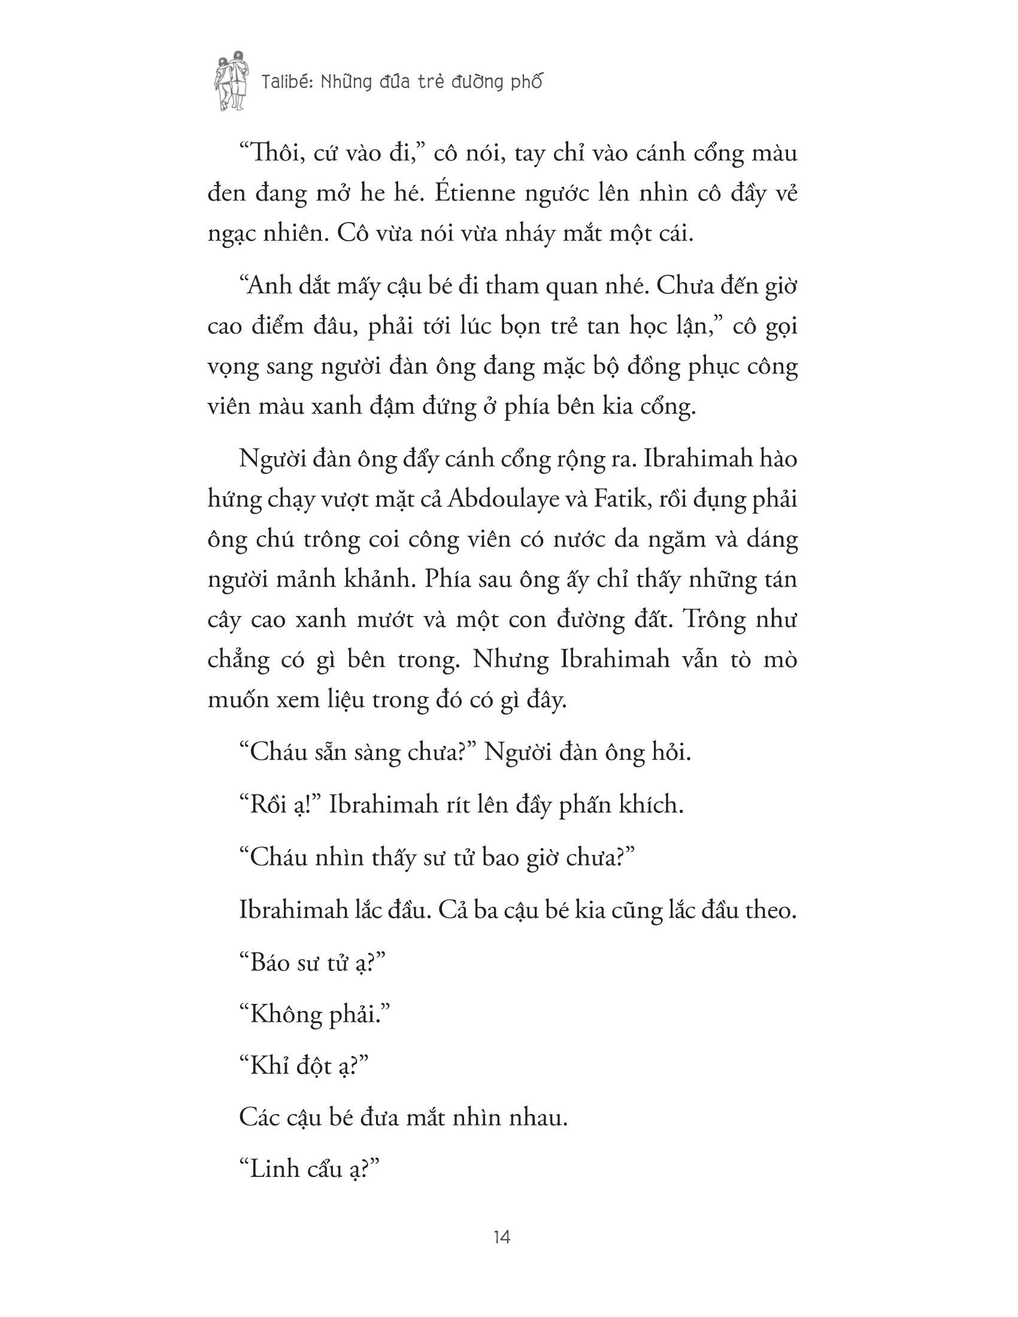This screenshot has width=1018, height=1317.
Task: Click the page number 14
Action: pyautogui.click(x=502, y=1238)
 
